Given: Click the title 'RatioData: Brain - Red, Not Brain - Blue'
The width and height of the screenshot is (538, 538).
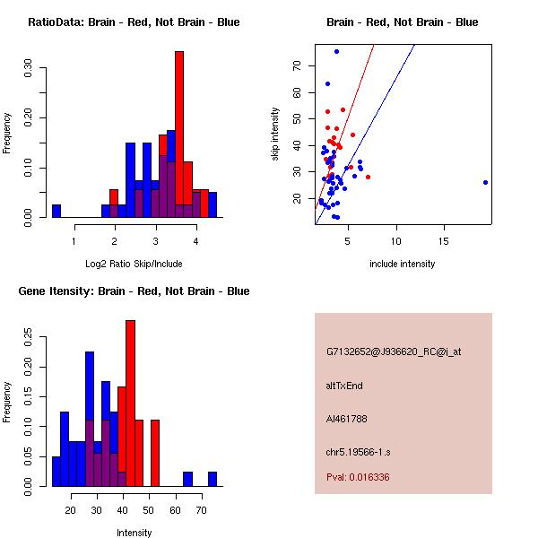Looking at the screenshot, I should pyautogui.click(x=134, y=22).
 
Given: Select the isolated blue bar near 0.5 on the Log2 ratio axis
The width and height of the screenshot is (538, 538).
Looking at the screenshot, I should pyautogui.click(x=56, y=211).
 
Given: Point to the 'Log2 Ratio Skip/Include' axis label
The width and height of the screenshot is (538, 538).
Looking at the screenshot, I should pyautogui.click(x=134, y=264).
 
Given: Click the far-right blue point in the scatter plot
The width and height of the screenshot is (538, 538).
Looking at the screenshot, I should pyautogui.click(x=485, y=182).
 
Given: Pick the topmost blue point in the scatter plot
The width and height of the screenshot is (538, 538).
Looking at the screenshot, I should pyautogui.click(x=336, y=51).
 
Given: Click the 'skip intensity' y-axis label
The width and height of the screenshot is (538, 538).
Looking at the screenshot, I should pyautogui.click(x=275, y=134).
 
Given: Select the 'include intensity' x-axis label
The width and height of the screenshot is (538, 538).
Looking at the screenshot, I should pyautogui.click(x=403, y=264).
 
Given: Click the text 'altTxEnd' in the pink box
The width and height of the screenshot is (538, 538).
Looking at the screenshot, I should pyautogui.click(x=344, y=386).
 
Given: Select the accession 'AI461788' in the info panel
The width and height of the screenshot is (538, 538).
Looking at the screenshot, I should pyautogui.click(x=347, y=419).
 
